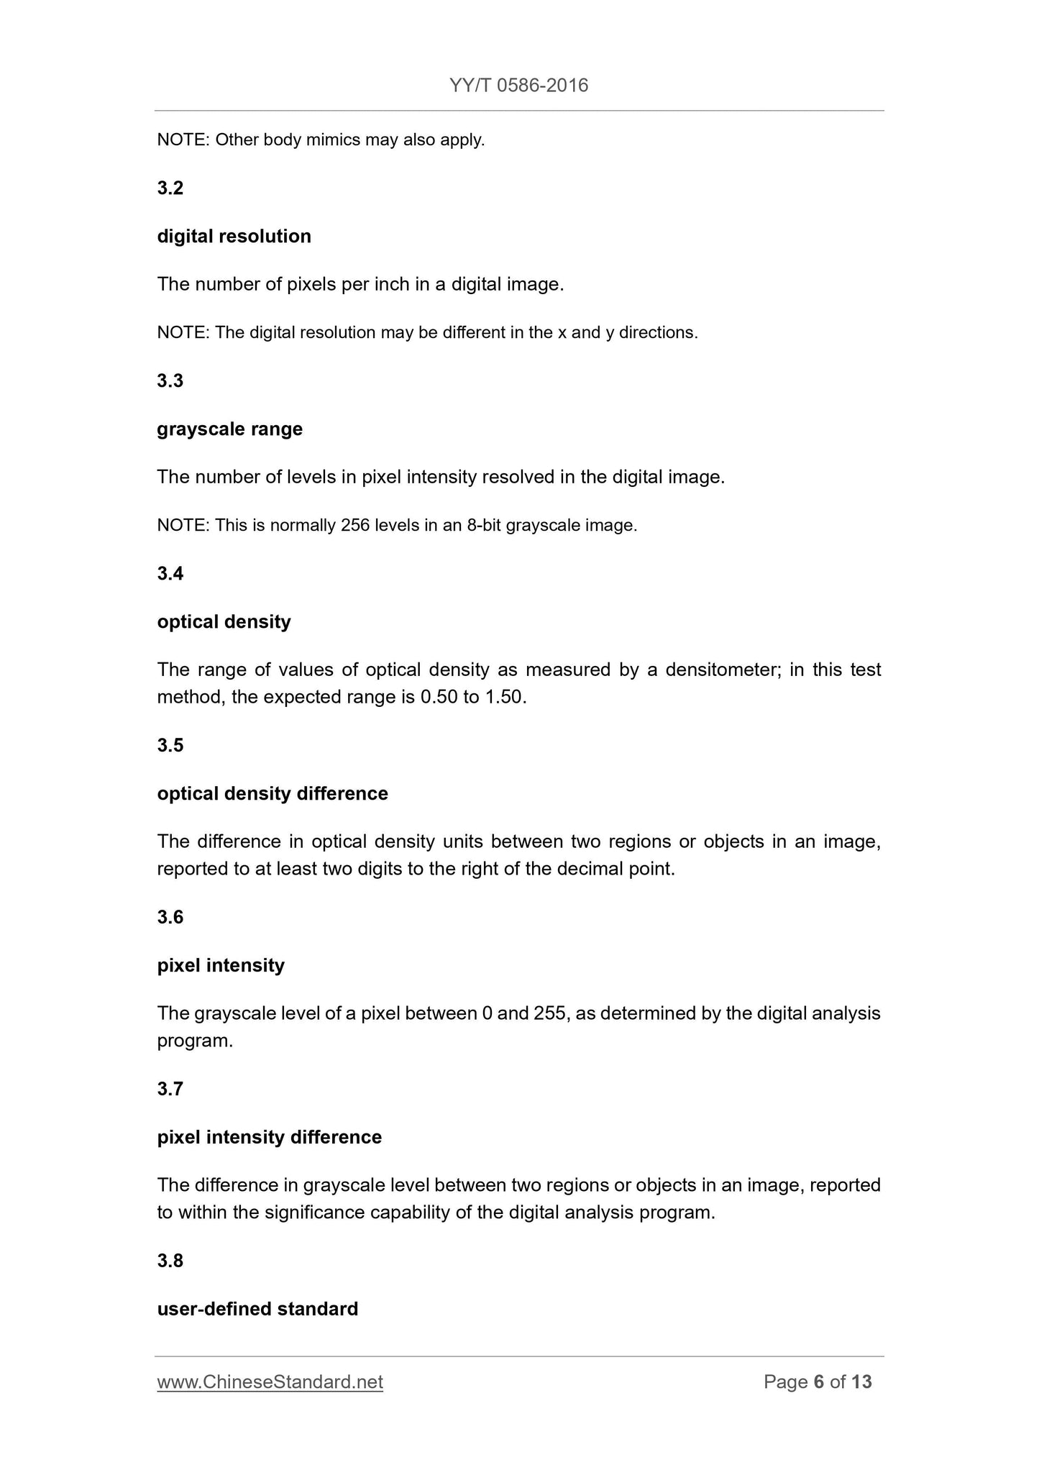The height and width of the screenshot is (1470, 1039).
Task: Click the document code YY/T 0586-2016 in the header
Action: (518, 86)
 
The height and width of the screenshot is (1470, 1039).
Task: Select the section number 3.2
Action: (170, 188)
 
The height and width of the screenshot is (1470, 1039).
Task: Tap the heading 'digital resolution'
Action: (234, 237)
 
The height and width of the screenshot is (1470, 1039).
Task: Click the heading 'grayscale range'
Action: (229, 429)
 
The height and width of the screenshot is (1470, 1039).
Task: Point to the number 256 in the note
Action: (355, 526)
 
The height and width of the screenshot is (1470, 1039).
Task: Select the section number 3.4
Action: (170, 574)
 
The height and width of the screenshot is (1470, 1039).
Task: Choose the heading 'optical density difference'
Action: (273, 793)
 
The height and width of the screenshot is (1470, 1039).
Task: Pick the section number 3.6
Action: (170, 917)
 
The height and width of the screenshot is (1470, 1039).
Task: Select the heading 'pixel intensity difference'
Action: (269, 1137)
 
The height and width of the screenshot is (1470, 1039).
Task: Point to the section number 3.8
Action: (170, 1261)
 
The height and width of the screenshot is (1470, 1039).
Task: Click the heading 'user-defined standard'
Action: (257, 1309)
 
